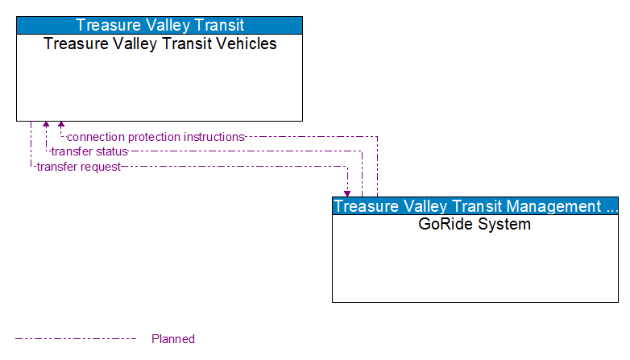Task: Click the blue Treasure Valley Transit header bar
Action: click(160, 25)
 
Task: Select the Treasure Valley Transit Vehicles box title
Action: click(160, 44)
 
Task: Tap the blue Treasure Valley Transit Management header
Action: click(475, 206)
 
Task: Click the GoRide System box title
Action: click(475, 225)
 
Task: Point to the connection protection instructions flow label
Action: click(155, 137)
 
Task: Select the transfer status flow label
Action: click(89, 151)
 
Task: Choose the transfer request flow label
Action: click(78, 167)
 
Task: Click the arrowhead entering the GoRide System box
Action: click(347, 193)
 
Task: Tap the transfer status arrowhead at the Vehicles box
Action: click(46, 126)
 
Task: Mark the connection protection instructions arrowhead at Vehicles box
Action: click(61, 126)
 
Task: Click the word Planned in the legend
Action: click(173, 339)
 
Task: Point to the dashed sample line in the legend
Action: click(76, 339)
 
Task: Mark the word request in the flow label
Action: click(100, 167)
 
